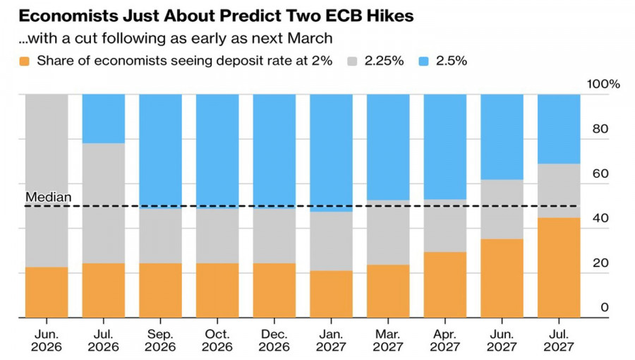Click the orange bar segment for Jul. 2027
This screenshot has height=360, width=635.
click(x=559, y=268)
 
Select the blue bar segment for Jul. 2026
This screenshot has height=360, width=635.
click(x=103, y=119)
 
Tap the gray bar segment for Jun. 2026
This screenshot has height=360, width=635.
click(x=47, y=181)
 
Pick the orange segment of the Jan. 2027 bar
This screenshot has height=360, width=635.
click(x=332, y=294)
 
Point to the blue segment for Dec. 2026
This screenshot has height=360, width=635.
click(x=274, y=151)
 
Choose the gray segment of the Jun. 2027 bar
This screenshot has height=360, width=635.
click(x=502, y=210)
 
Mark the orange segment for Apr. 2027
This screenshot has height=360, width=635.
click(x=445, y=285)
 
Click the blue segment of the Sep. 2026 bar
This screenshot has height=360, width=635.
click(x=160, y=151)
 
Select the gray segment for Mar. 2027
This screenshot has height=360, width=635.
click(x=388, y=232)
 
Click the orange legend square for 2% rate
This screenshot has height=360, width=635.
click(x=24, y=61)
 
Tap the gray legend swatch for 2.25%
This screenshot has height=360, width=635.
click(x=352, y=61)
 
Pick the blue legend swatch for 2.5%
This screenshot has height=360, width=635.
click(x=423, y=61)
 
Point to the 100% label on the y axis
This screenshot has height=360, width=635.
click(x=603, y=84)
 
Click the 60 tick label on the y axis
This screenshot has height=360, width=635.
click(x=600, y=174)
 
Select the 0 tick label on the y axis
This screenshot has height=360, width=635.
click(x=605, y=307)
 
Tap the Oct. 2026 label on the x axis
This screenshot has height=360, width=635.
click(x=217, y=340)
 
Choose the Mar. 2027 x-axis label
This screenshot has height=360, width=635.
click(x=388, y=340)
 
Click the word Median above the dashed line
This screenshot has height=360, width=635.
click(x=48, y=197)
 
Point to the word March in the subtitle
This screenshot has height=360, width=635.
click(x=310, y=38)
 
